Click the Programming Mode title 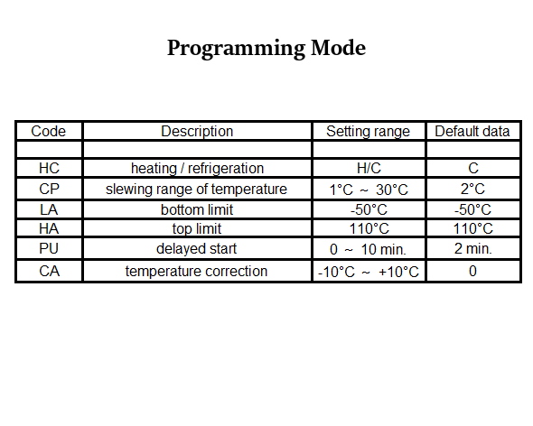tap(266, 48)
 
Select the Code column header tap(48, 131)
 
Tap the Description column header tap(197, 131)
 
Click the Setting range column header tap(369, 132)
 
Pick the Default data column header tap(472, 131)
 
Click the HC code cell tap(50, 168)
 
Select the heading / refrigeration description tap(198, 169)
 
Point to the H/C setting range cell tap(369, 168)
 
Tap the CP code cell tap(50, 189)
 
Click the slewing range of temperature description tap(196, 190)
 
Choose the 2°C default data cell tap(472, 189)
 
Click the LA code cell tap(49, 209)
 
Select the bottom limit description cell tap(197, 209)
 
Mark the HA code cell tap(49, 228)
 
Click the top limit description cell tap(197, 229)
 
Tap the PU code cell tap(49, 249)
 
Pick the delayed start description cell tap(196, 249)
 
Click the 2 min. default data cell tap(472, 249)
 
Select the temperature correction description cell tap(196, 272)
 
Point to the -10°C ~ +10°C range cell tap(369, 272)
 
